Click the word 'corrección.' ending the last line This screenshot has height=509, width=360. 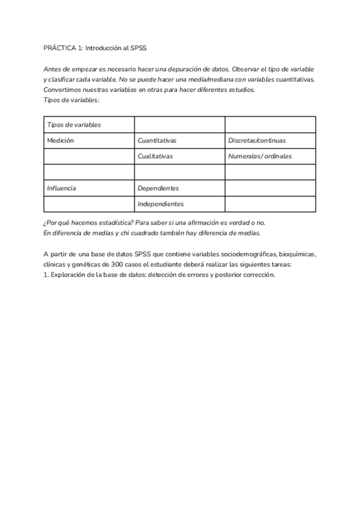259,275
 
